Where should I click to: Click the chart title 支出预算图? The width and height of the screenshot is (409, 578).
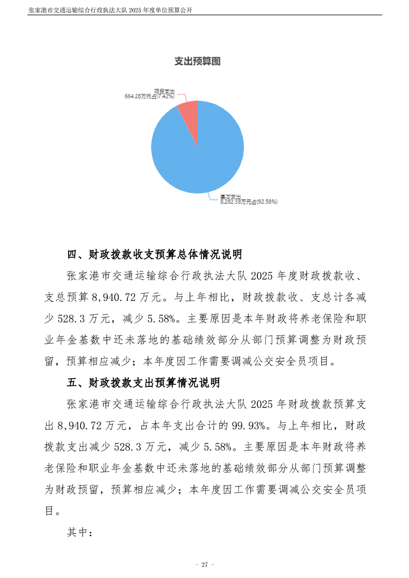click(x=198, y=61)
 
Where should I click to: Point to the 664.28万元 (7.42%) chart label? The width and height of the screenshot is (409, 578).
click(x=149, y=96)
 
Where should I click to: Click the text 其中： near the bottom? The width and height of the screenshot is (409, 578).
click(x=79, y=533)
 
